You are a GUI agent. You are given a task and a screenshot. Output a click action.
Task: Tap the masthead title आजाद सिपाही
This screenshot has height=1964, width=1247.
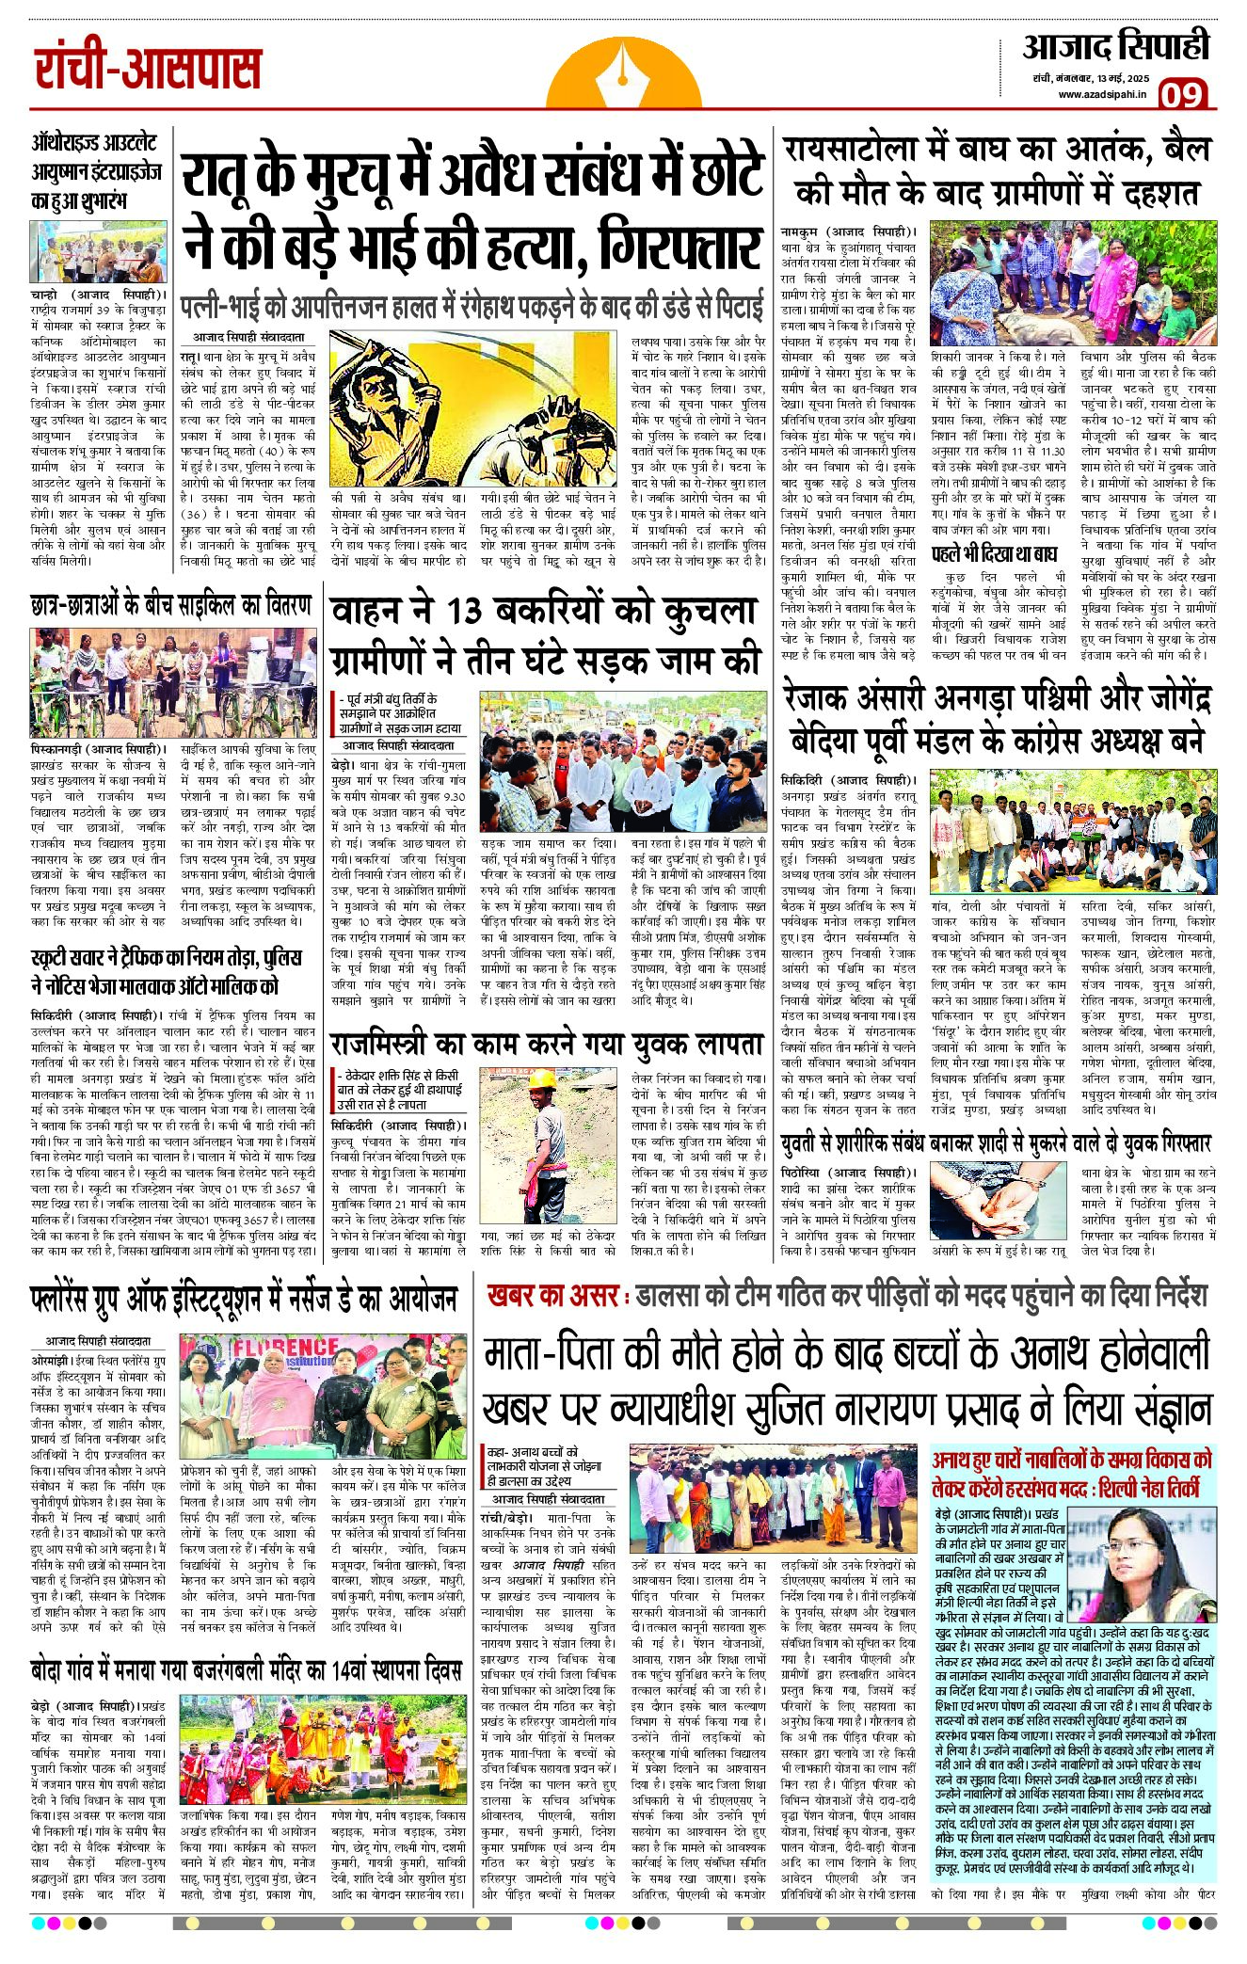(x=1116, y=47)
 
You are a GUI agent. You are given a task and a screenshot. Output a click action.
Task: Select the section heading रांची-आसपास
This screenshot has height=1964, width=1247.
(x=148, y=70)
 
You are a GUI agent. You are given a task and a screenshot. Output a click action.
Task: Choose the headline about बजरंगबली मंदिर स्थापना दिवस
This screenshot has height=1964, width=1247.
(x=246, y=1670)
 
